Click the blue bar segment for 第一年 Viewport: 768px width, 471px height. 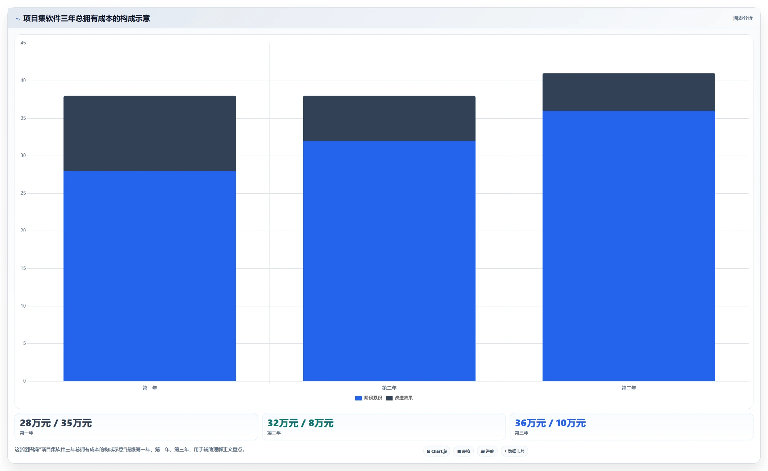click(149, 276)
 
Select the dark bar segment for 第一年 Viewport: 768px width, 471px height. click(149, 133)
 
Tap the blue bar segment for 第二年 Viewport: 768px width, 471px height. click(389, 261)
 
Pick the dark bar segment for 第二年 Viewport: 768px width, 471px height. click(389, 118)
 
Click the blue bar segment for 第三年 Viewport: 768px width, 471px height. click(629, 246)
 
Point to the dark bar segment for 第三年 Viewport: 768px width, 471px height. click(629, 92)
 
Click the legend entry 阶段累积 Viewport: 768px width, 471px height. click(369, 398)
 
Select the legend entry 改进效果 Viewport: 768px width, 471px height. click(399, 398)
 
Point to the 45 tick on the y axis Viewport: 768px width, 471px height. click(23, 43)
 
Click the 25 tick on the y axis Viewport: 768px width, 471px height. click(23, 193)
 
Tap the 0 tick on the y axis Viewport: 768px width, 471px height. click(25, 381)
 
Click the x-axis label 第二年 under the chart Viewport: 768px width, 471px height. click(389, 388)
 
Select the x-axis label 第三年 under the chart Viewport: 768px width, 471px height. click(629, 388)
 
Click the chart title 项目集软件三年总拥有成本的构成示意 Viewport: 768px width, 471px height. click(86, 18)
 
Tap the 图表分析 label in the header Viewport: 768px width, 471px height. click(743, 18)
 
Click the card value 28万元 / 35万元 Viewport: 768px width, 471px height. click(56, 423)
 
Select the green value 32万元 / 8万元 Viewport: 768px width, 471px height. click(300, 423)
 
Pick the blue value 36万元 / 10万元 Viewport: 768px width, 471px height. click(550, 423)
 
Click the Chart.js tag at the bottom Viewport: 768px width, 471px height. click(437, 451)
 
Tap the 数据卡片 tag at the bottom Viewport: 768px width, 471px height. click(514, 451)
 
